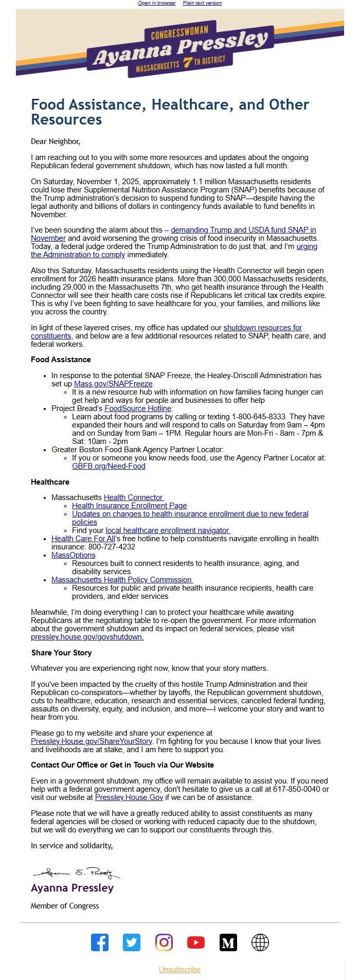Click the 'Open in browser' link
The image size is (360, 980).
click(157, 3)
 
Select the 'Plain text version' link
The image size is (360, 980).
click(202, 3)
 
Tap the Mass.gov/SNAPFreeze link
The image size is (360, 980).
click(113, 384)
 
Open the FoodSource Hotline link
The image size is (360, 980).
click(138, 408)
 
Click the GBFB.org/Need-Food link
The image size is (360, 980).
click(109, 466)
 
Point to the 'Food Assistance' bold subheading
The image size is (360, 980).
click(61, 360)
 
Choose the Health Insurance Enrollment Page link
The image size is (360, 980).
click(129, 506)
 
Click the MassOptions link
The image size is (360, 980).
click(73, 555)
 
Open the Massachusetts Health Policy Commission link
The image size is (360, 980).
click(121, 580)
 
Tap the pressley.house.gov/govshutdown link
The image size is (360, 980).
click(87, 637)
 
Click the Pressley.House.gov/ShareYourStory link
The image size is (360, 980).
click(92, 741)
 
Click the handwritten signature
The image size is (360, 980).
click(76, 873)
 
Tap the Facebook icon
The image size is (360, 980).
click(100, 942)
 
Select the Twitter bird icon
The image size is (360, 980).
click(132, 942)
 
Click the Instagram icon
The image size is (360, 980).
click(164, 942)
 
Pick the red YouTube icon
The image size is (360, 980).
click(196, 942)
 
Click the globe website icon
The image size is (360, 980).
click(260, 942)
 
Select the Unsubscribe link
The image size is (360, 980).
click(179, 970)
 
